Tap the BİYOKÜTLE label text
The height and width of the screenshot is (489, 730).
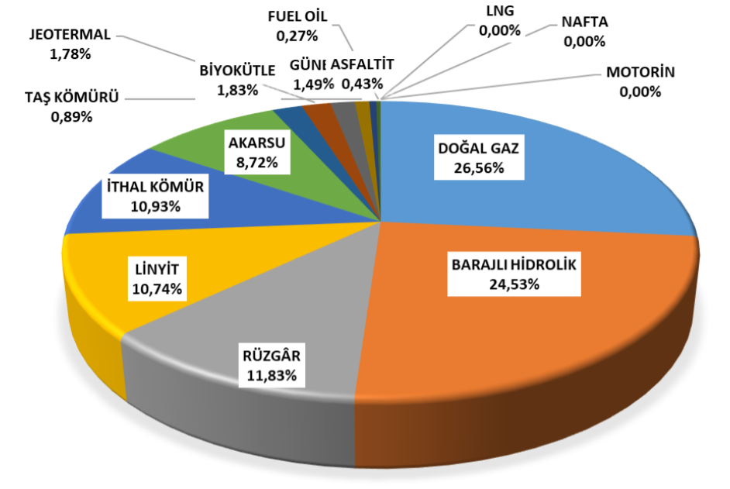tap(238, 71)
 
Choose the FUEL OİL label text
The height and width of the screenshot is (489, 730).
tap(298, 16)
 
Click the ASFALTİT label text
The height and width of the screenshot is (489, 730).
tap(368, 64)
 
